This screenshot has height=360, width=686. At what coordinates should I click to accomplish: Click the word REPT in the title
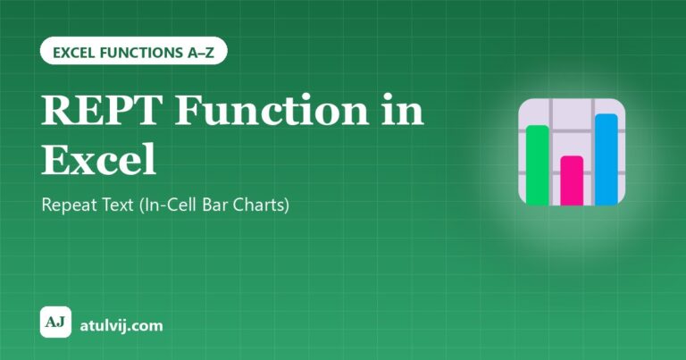[x=100, y=110]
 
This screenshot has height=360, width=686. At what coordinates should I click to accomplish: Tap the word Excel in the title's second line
[x=99, y=159]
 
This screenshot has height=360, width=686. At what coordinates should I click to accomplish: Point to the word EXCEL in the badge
[x=74, y=53]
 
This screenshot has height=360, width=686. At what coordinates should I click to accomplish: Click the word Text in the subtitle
[x=118, y=205]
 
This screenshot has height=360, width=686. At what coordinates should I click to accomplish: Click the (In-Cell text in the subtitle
[x=169, y=205]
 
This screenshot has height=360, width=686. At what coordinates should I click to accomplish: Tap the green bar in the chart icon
[x=538, y=165]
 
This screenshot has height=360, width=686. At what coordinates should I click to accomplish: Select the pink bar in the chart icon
[x=572, y=180]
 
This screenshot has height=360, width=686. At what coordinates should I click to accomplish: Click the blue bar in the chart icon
[x=607, y=159]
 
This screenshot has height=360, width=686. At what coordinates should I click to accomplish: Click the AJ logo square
[x=55, y=322]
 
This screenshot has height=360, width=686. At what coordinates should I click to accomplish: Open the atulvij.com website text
[x=121, y=325]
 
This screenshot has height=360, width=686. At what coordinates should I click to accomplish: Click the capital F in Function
[x=188, y=110]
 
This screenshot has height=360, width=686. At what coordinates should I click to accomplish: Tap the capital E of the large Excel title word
[x=55, y=159]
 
